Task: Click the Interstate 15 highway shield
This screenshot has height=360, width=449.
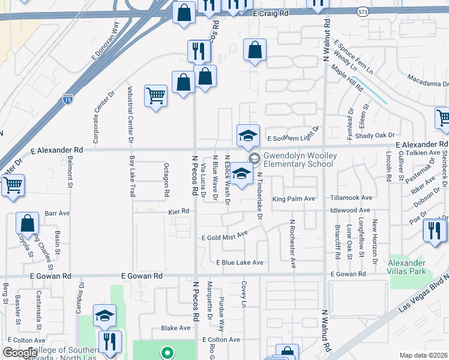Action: point(68,99)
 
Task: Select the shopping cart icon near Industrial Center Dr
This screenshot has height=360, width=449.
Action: point(155,95)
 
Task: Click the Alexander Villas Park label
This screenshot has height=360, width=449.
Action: point(406,268)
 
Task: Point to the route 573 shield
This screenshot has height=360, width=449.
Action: point(378,11)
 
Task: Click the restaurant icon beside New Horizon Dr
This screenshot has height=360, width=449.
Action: point(433,230)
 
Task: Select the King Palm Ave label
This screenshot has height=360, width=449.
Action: point(293,199)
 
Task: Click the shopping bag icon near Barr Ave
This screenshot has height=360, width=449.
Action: point(28,223)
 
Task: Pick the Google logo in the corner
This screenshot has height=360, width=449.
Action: point(20,353)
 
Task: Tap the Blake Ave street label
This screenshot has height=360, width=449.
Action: point(175,328)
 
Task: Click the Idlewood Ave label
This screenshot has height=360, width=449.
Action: point(351,211)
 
